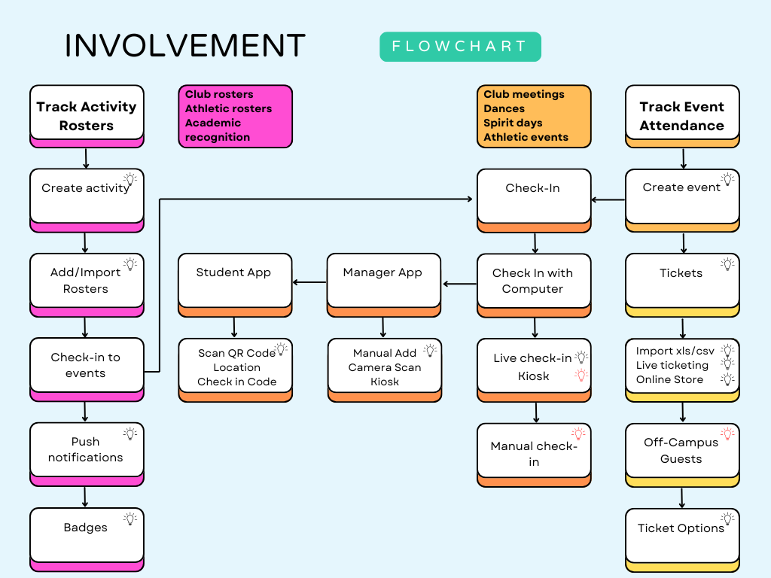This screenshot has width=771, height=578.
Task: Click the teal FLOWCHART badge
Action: point(460,47)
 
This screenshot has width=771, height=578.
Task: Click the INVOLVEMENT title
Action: point(185,46)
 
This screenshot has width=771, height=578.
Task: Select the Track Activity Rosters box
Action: point(87,116)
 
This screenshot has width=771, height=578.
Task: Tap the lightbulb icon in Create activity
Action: point(130,179)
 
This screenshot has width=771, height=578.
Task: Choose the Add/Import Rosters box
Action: point(86,280)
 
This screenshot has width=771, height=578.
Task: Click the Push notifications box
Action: point(86,449)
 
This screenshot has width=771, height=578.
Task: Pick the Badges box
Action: point(86,534)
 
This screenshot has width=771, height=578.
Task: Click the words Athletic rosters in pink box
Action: point(228,108)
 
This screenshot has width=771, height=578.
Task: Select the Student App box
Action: point(234,280)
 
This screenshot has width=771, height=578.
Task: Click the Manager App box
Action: point(383,280)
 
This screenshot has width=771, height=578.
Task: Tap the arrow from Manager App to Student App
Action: point(309,283)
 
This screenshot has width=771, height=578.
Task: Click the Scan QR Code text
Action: point(236,353)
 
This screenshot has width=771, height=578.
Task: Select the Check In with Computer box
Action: point(533,281)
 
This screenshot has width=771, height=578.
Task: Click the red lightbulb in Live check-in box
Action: point(581,375)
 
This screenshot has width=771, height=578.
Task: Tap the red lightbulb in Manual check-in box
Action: point(578,433)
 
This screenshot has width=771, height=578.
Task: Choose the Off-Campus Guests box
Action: point(681,450)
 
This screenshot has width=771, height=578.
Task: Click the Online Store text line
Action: point(669,379)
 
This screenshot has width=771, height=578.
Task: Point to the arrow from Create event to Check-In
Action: point(608,200)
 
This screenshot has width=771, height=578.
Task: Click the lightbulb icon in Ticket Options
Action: point(727,519)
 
